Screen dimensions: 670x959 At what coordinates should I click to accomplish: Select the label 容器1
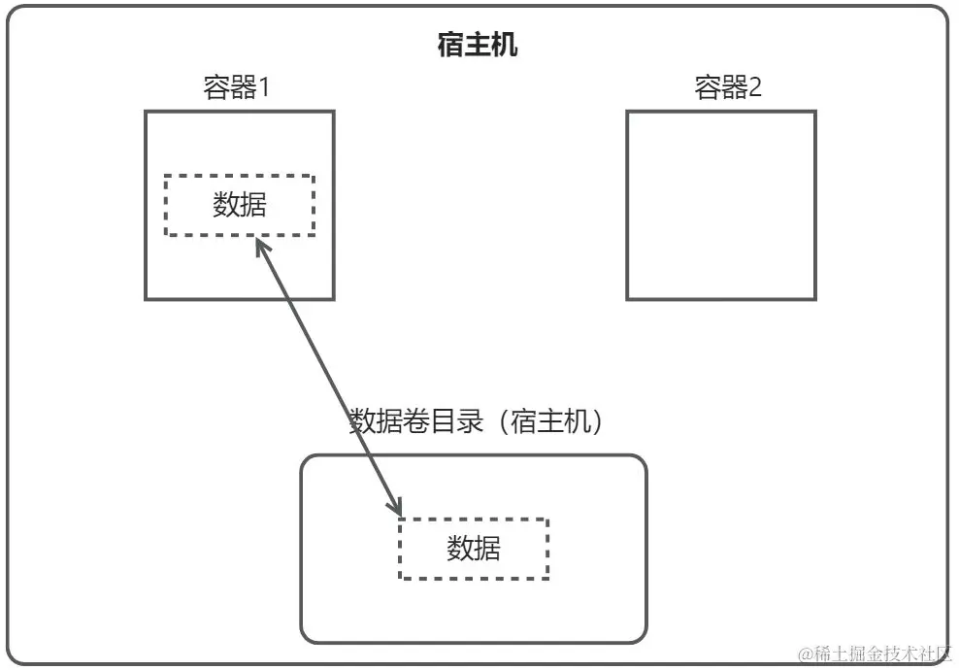point(236,88)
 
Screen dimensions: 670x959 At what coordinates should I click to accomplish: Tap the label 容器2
point(728,88)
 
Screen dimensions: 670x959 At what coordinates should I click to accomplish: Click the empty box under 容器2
point(720,205)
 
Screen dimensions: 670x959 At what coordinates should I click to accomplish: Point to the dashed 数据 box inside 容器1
point(239,205)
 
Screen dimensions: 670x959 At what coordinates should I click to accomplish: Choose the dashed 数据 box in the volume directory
point(474,549)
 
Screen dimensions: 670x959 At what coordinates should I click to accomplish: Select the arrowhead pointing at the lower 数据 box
point(396,507)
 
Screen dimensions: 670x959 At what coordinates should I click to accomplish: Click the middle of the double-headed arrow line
point(328,377)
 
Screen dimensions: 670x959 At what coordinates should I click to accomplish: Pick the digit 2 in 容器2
point(754,88)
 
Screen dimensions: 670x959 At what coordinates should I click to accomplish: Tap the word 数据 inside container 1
point(239,205)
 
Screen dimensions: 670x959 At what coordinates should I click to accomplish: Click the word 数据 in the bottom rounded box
point(474,549)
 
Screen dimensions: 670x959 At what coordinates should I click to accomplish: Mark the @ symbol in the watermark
point(804,654)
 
